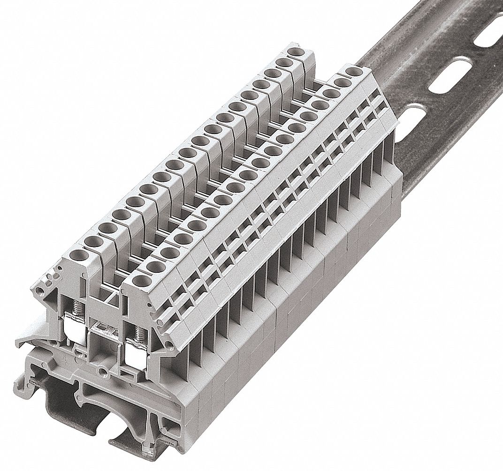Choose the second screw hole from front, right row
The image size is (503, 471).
[153, 266]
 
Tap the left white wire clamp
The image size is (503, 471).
[75, 336]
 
